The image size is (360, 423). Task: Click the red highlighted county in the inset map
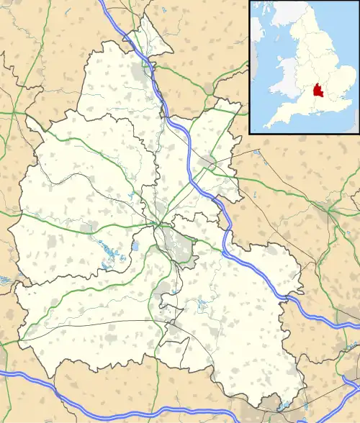click(315, 93)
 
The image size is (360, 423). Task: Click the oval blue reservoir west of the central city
click(135, 247)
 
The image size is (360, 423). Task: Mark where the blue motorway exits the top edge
click(103, 2)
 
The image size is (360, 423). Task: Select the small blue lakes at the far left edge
click(4, 279)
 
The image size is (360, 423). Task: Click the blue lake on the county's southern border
click(283, 407)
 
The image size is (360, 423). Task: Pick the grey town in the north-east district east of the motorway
click(209, 162)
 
